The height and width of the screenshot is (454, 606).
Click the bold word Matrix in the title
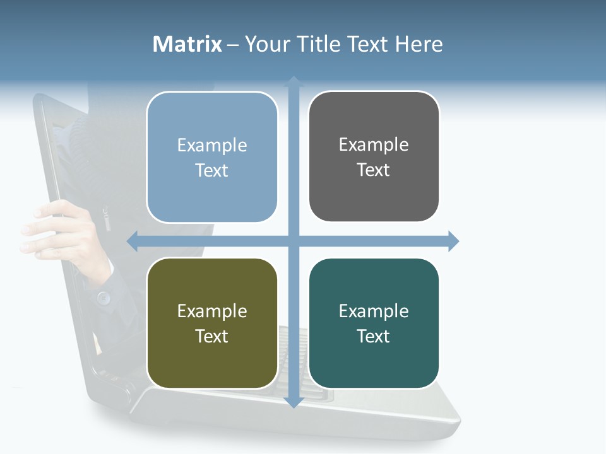(187, 44)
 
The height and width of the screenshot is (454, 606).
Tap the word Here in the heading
(419, 44)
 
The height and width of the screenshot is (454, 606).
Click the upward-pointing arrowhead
(294, 81)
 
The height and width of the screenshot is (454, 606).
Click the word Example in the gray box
(374, 145)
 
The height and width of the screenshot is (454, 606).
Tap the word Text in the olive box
(211, 336)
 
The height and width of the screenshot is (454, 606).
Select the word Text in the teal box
(373, 336)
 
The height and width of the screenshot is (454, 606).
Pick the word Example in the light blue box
(212, 146)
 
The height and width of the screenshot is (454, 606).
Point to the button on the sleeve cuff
(103, 296)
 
